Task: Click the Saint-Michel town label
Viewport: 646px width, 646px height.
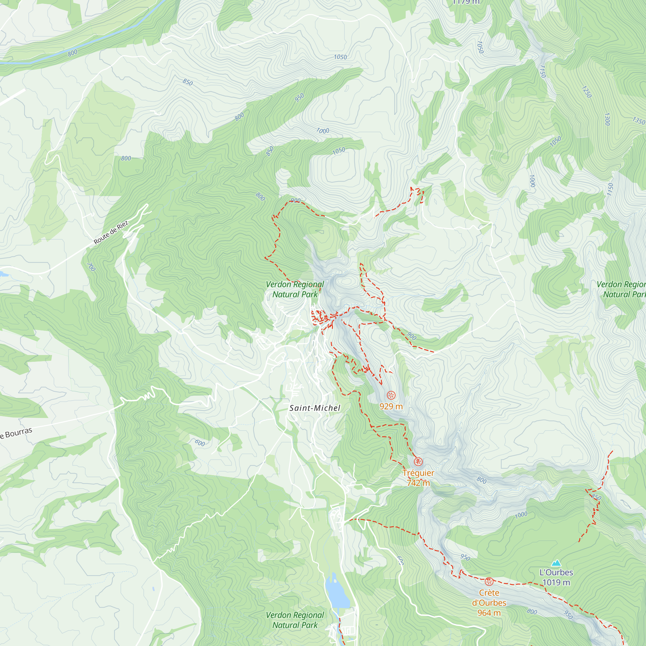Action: point(315,408)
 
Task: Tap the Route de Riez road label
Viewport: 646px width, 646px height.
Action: point(111,232)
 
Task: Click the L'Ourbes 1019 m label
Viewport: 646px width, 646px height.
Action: point(556,578)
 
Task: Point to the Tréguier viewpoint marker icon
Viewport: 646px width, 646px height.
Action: point(418,462)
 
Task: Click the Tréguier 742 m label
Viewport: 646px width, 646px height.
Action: point(418,478)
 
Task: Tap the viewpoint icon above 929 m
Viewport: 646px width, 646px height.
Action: point(391,395)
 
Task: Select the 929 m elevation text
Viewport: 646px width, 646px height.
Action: point(391,406)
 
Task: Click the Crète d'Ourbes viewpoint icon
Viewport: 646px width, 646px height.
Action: point(489,581)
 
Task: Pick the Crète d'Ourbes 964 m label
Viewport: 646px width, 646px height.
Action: point(489,602)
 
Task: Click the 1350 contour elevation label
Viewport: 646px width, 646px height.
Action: point(638,121)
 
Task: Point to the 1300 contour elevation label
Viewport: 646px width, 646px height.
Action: point(607,119)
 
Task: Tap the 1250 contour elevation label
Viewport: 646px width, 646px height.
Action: point(587,92)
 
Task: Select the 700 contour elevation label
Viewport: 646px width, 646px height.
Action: point(91,267)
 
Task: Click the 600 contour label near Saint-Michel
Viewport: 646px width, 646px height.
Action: point(200,443)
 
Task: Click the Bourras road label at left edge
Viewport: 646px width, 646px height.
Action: point(16,433)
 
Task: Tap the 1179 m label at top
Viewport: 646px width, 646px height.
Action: point(466,2)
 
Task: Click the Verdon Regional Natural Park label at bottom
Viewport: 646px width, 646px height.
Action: point(295,620)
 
